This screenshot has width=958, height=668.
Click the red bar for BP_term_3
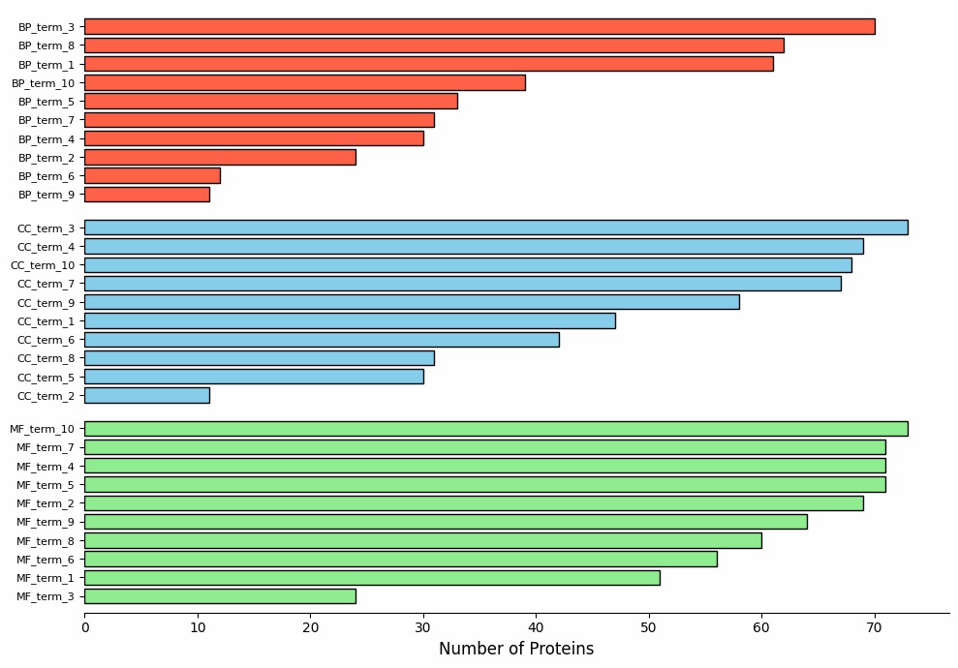(x=479, y=27)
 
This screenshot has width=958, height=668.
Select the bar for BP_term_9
(x=147, y=195)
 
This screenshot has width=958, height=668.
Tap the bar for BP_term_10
(x=305, y=83)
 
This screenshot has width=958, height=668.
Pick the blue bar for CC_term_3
(x=496, y=228)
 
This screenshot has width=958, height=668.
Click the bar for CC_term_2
(x=147, y=396)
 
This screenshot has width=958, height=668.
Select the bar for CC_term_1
(x=350, y=321)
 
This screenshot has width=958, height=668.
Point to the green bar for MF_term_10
(x=496, y=429)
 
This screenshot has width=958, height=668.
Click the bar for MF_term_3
(x=220, y=596)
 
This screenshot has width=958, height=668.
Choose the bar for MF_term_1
(x=372, y=578)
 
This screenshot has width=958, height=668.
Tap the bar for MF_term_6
(x=401, y=560)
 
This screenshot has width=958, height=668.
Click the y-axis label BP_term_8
(x=46, y=46)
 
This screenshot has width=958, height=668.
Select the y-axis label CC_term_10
(x=43, y=265)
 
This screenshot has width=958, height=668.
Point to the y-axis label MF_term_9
(x=46, y=523)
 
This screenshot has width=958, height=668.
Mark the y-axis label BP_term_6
(x=46, y=176)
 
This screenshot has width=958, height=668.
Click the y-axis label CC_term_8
(x=46, y=359)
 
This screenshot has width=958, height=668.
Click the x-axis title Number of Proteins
(x=516, y=649)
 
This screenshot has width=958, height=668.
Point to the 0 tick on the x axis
(x=85, y=627)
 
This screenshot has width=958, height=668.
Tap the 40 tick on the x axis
(x=537, y=627)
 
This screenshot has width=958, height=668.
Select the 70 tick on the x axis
(x=875, y=627)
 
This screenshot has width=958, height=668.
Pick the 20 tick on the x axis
(x=311, y=627)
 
